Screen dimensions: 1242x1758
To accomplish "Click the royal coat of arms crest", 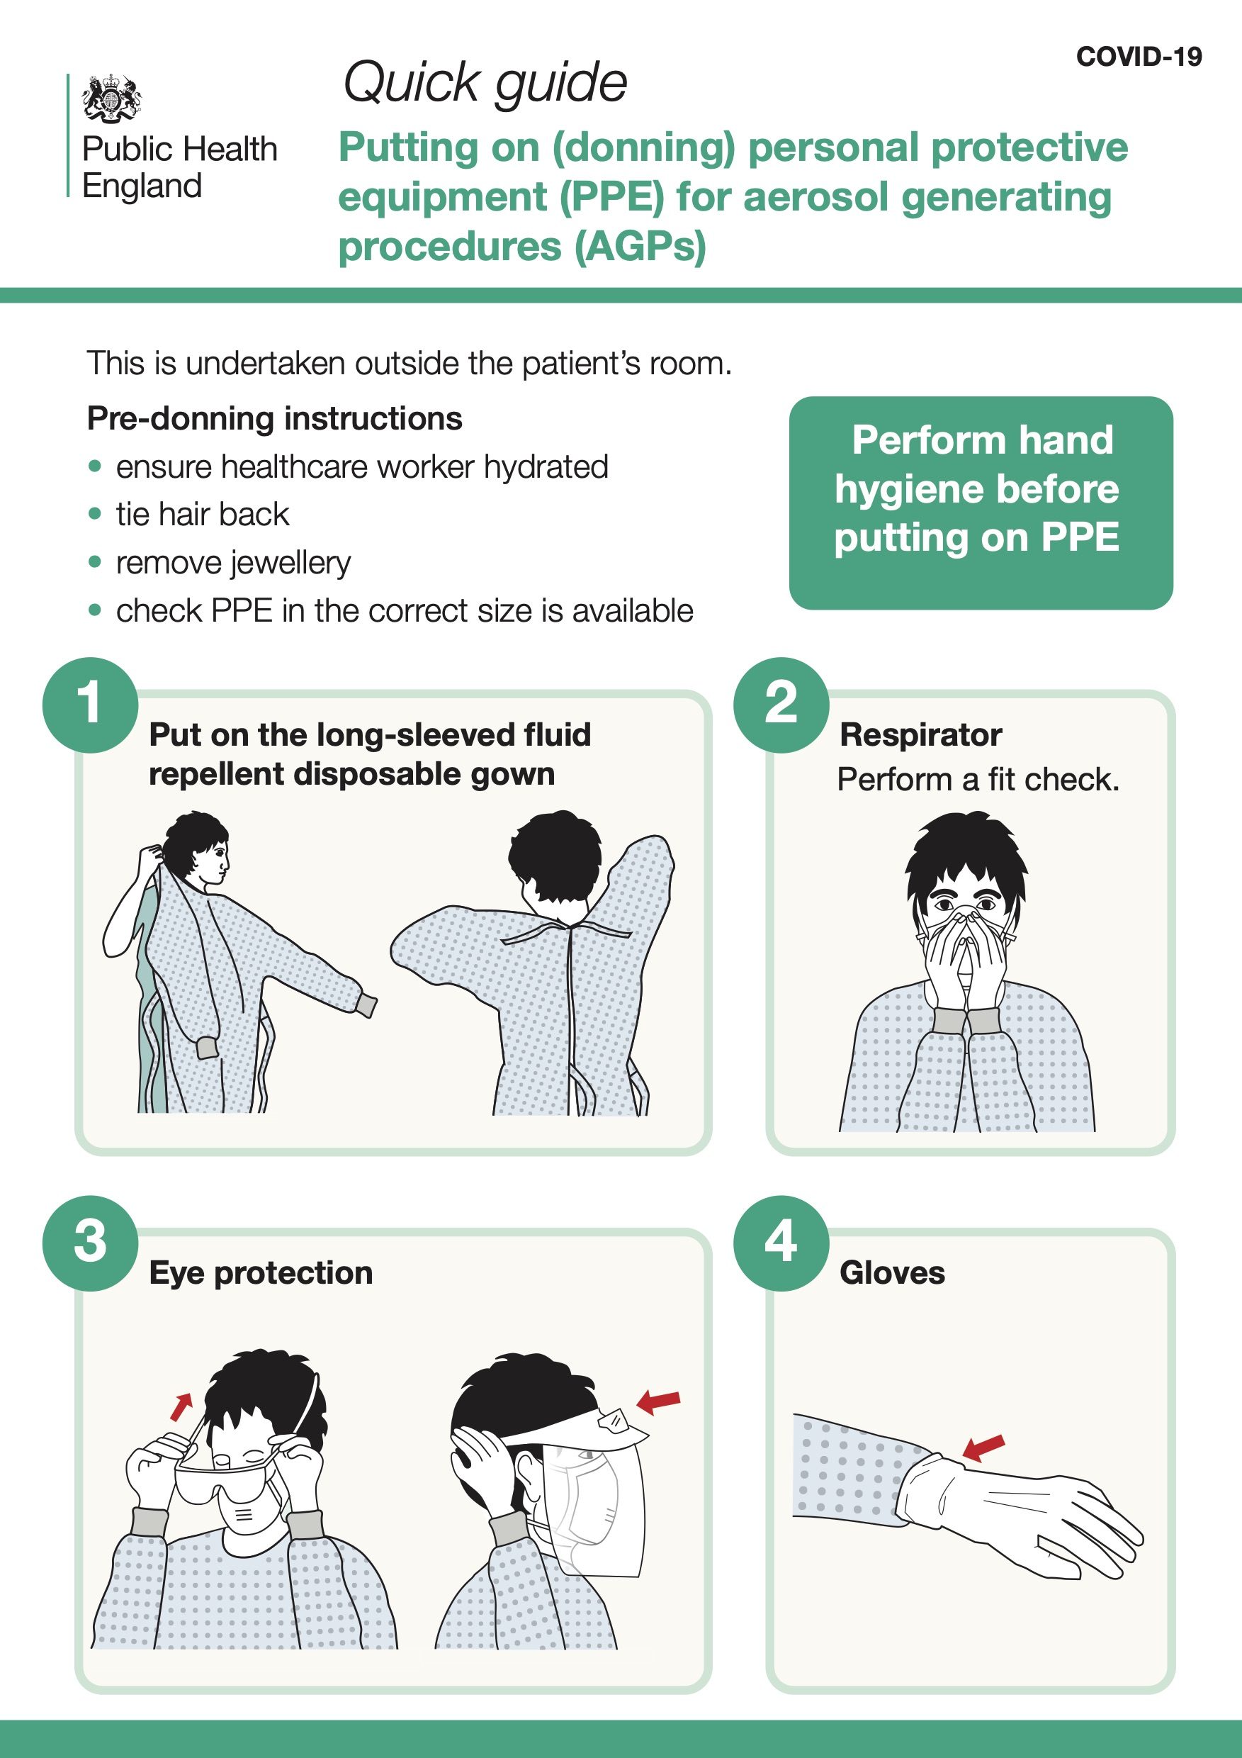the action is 112,98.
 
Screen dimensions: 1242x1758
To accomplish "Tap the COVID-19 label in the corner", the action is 1139,57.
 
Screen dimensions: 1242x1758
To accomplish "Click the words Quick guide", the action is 485,83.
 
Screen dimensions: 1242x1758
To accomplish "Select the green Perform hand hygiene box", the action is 981,503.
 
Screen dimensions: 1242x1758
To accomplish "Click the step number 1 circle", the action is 90,705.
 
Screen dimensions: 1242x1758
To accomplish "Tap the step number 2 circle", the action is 781,705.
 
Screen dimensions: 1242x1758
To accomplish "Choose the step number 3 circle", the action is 90,1243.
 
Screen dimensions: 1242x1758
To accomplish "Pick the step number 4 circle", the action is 781,1243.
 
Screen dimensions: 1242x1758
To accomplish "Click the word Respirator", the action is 920,735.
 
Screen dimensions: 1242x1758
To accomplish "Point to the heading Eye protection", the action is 261,1273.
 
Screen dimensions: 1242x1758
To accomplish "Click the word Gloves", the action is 892,1272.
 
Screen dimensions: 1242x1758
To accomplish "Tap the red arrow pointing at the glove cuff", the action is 983,1447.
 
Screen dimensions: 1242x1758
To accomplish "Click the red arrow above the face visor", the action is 658,1401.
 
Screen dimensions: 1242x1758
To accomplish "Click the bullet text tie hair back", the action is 203,515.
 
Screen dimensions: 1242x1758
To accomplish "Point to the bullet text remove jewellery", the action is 233,563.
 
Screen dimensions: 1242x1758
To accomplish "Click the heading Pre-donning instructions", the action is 275,419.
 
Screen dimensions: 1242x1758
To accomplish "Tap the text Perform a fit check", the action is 978,780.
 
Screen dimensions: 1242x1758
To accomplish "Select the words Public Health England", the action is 180,167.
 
